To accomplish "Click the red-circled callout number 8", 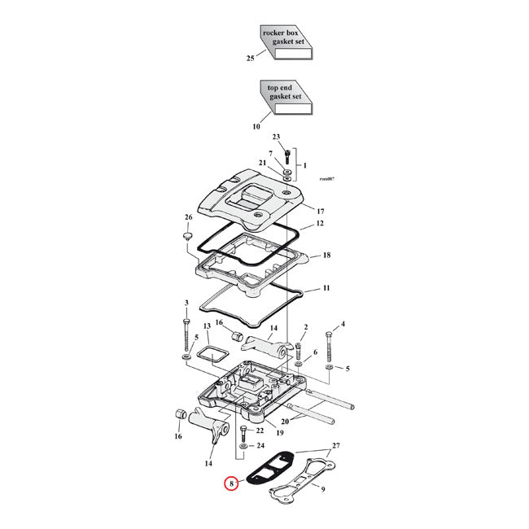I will coord(231,485).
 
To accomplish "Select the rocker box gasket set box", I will coord(285,43).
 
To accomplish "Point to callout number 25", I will coord(250,59).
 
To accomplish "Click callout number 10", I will coord(256,126).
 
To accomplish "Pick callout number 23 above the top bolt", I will coord(276,138).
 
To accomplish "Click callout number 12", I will coord(320,223).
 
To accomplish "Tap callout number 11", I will coord(326,289).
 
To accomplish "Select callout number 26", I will coord(189,217).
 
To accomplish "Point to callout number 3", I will coord(186,304).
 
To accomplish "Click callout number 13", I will coord(206,326).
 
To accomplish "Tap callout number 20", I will coord(284,422).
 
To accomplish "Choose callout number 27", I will coord(336,447).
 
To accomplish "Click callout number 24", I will coord(260,446).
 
